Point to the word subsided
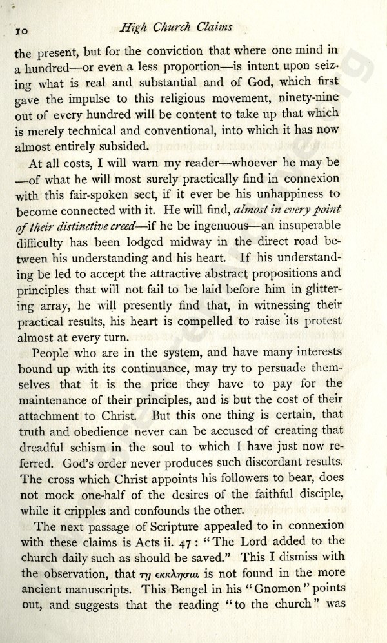coord(119,146)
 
